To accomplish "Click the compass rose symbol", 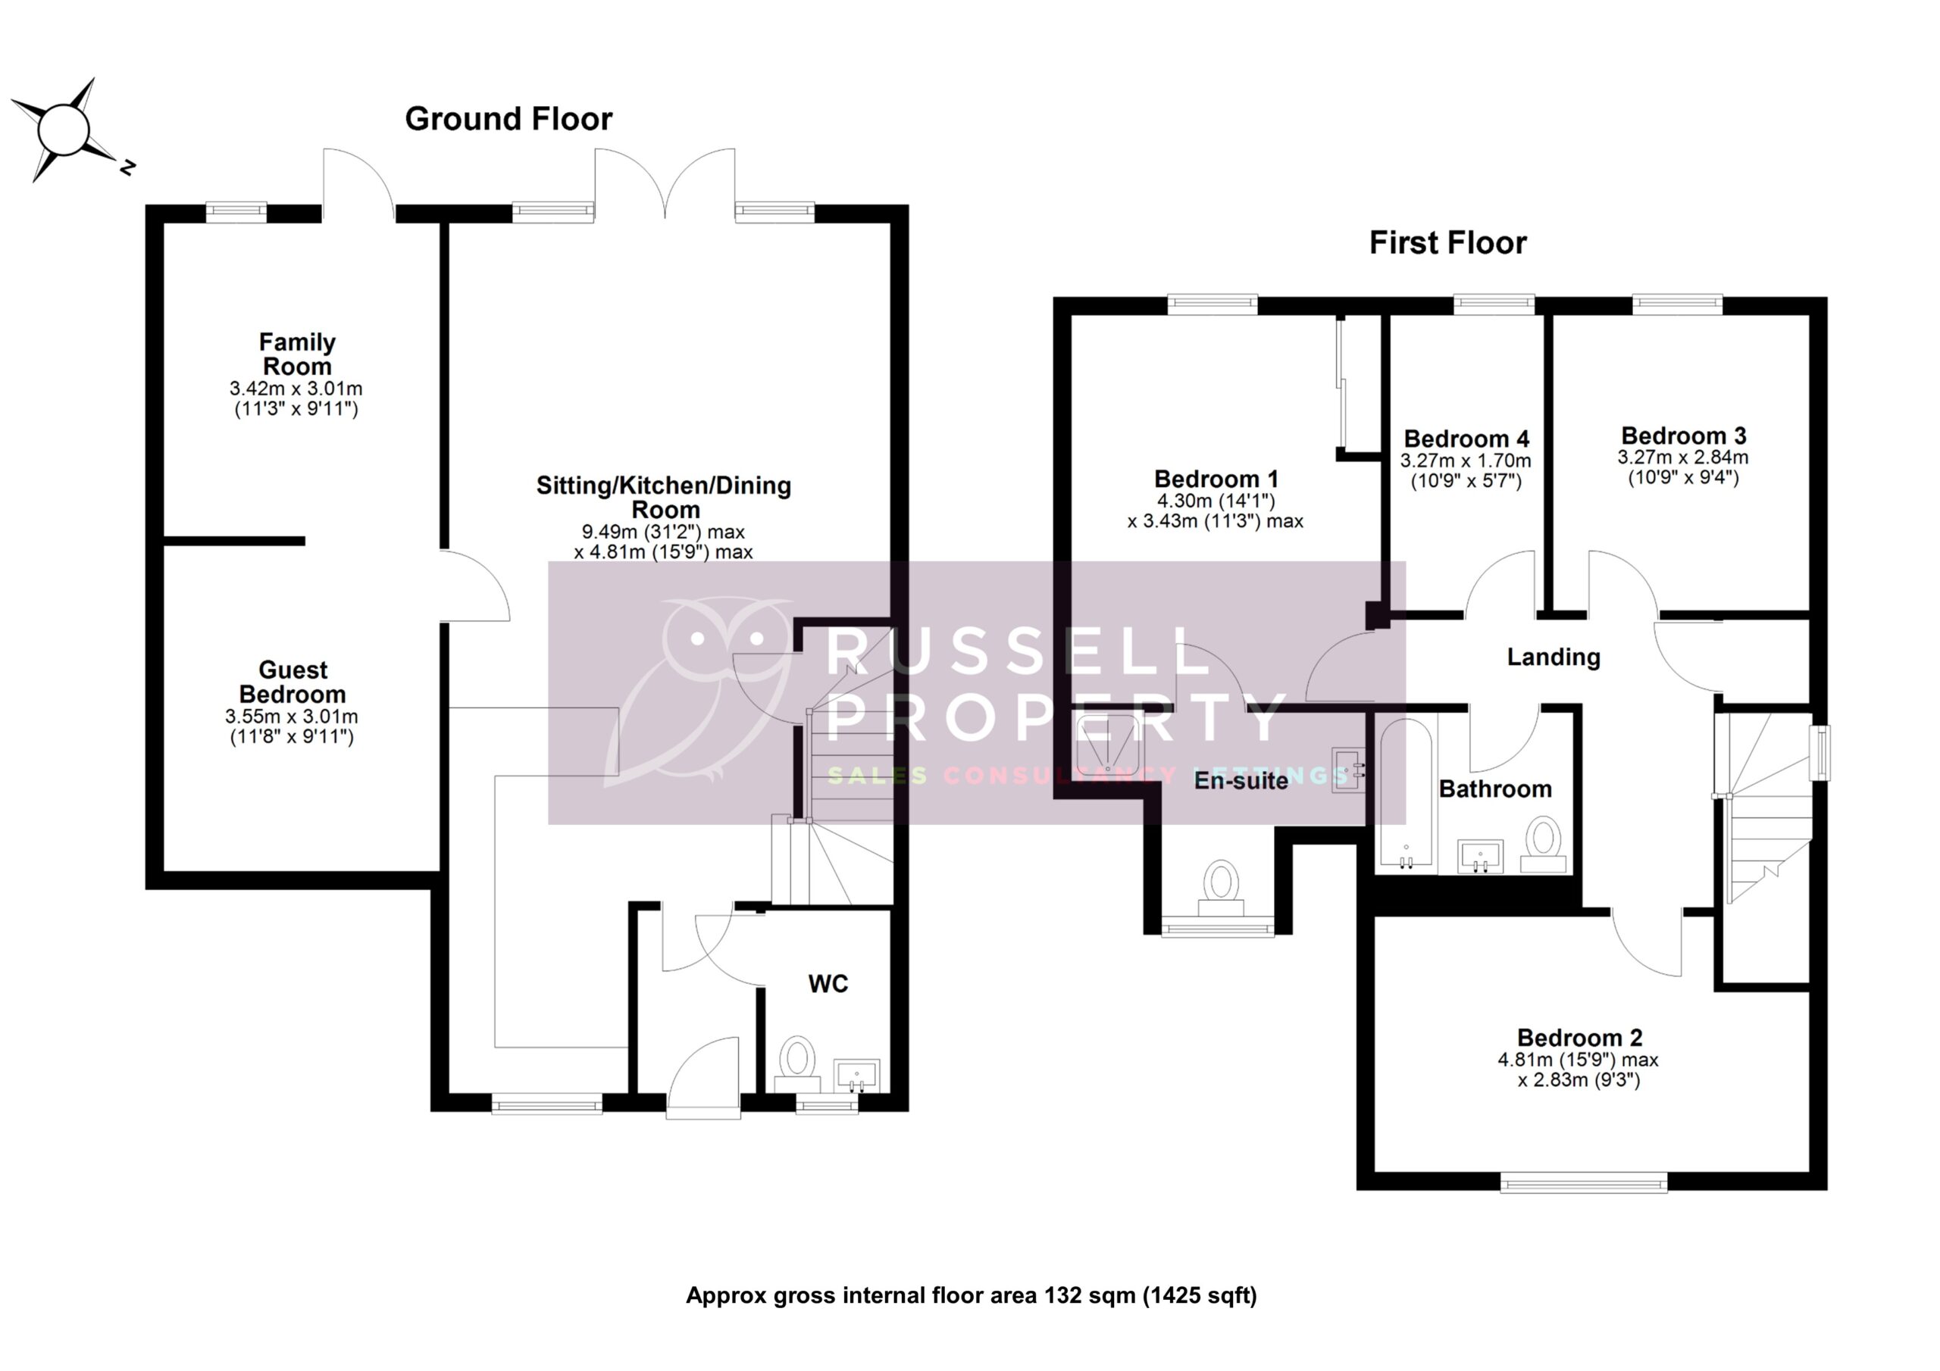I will (x=64, y=130).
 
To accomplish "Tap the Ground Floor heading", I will (x=508, y=119).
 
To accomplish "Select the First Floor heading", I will (x=1447, y=243).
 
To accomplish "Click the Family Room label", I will (x=296, y=354).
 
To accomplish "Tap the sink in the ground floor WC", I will (x=856, y=1075).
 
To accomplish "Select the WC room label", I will (x=828, y=984).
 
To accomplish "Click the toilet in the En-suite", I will (x=1221, y=887).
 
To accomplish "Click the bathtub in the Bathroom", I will (x=1405, y=794).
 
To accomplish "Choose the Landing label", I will (x=1553, y=657).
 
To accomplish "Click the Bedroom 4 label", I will (x=1466, y=439).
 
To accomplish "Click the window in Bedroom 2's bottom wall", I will (x=1583, y=1182).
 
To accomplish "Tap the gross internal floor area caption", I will (x=971, y=1296).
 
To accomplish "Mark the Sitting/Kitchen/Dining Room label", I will (x=664, y=498).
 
